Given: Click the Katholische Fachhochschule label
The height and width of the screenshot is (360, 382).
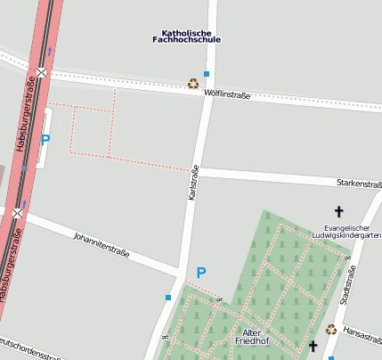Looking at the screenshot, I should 186,36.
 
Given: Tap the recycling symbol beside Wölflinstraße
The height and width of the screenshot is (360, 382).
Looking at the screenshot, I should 193,84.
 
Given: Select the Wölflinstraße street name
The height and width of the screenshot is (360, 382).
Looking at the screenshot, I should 227,94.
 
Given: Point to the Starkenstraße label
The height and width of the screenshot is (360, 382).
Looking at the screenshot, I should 359,184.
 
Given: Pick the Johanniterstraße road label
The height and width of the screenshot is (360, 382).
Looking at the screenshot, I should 101,245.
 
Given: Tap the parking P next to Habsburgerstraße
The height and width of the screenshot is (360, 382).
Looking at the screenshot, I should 45,139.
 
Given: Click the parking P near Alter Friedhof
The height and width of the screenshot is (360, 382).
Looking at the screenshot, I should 201,273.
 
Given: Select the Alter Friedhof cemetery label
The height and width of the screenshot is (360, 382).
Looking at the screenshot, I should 252,336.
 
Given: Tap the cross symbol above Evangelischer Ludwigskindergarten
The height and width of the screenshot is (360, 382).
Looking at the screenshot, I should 337,212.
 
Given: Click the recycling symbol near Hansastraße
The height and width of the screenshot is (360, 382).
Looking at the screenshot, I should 331,329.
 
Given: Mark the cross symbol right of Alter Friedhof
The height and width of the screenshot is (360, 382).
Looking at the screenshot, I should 313,345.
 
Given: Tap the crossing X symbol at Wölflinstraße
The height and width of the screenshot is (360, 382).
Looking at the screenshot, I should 41,72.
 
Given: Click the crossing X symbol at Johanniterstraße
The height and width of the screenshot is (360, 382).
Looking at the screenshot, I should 18,213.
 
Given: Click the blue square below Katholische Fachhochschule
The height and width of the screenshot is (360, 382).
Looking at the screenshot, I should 207,74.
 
